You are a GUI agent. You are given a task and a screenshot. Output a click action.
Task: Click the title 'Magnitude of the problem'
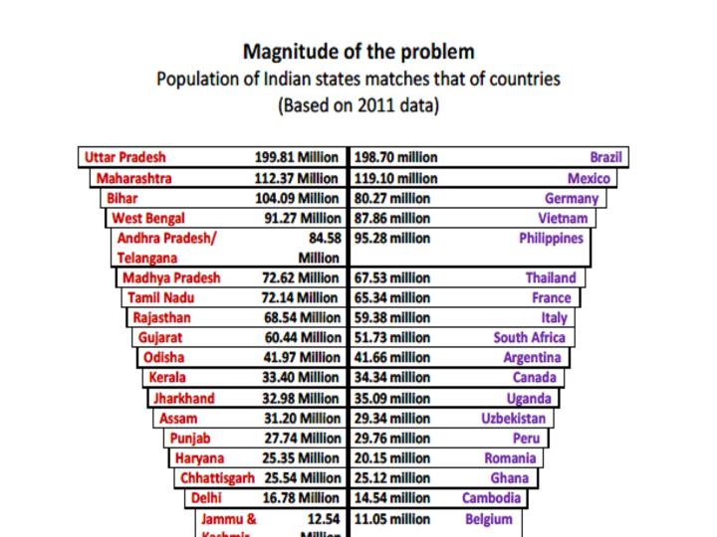click(x=358, y=52)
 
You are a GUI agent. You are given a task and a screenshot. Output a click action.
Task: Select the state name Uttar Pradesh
click(x=125, y=157)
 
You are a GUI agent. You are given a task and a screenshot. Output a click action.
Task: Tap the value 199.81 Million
click(x=298, y=157)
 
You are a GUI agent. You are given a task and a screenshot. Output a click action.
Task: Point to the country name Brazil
click(x=605, y=157)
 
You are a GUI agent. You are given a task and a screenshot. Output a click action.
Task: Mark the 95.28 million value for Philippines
click(x=392, y=239)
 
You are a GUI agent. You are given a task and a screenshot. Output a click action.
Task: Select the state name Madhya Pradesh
click(x=171, y=278)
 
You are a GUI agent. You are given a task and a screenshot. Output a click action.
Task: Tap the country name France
click(x=552, y=298)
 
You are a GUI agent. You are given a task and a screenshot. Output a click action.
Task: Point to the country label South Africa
click(x=529, y=338)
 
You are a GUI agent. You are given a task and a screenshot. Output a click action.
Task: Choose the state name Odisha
click(x=163, y=358)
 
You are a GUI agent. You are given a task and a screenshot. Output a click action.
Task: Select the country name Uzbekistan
click(x=514, y=419)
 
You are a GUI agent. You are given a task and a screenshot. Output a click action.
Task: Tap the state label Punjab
click(x=190, y=439)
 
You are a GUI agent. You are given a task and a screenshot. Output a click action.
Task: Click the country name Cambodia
click(x=491, y=498)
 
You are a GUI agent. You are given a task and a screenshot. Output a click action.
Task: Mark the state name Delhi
click(x=206, y=498)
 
